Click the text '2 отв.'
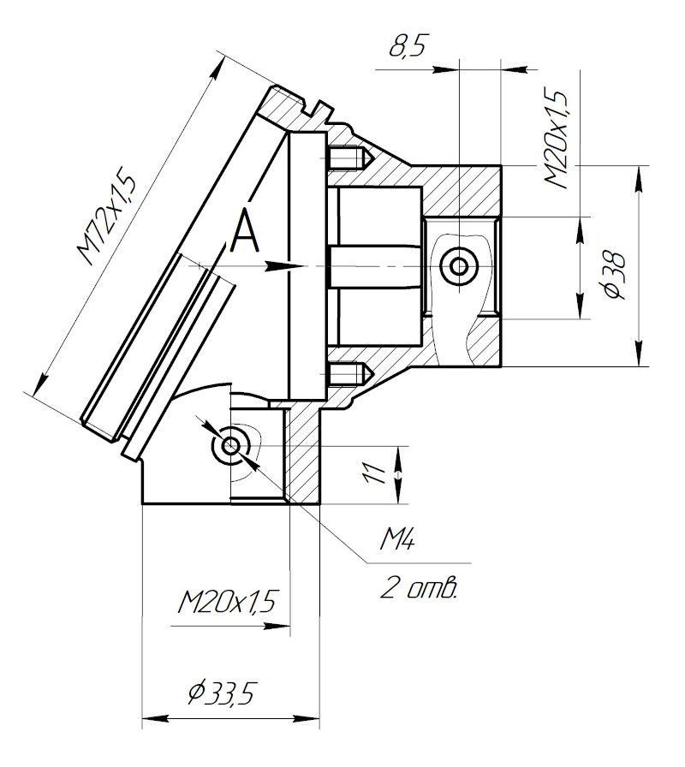(x=418, y=591)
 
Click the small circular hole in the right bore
(x=460, y=266)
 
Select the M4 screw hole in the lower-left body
(x=229, y=446)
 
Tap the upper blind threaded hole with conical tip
(x=348, y=159)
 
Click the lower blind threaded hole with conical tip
(x=348, y=374)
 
